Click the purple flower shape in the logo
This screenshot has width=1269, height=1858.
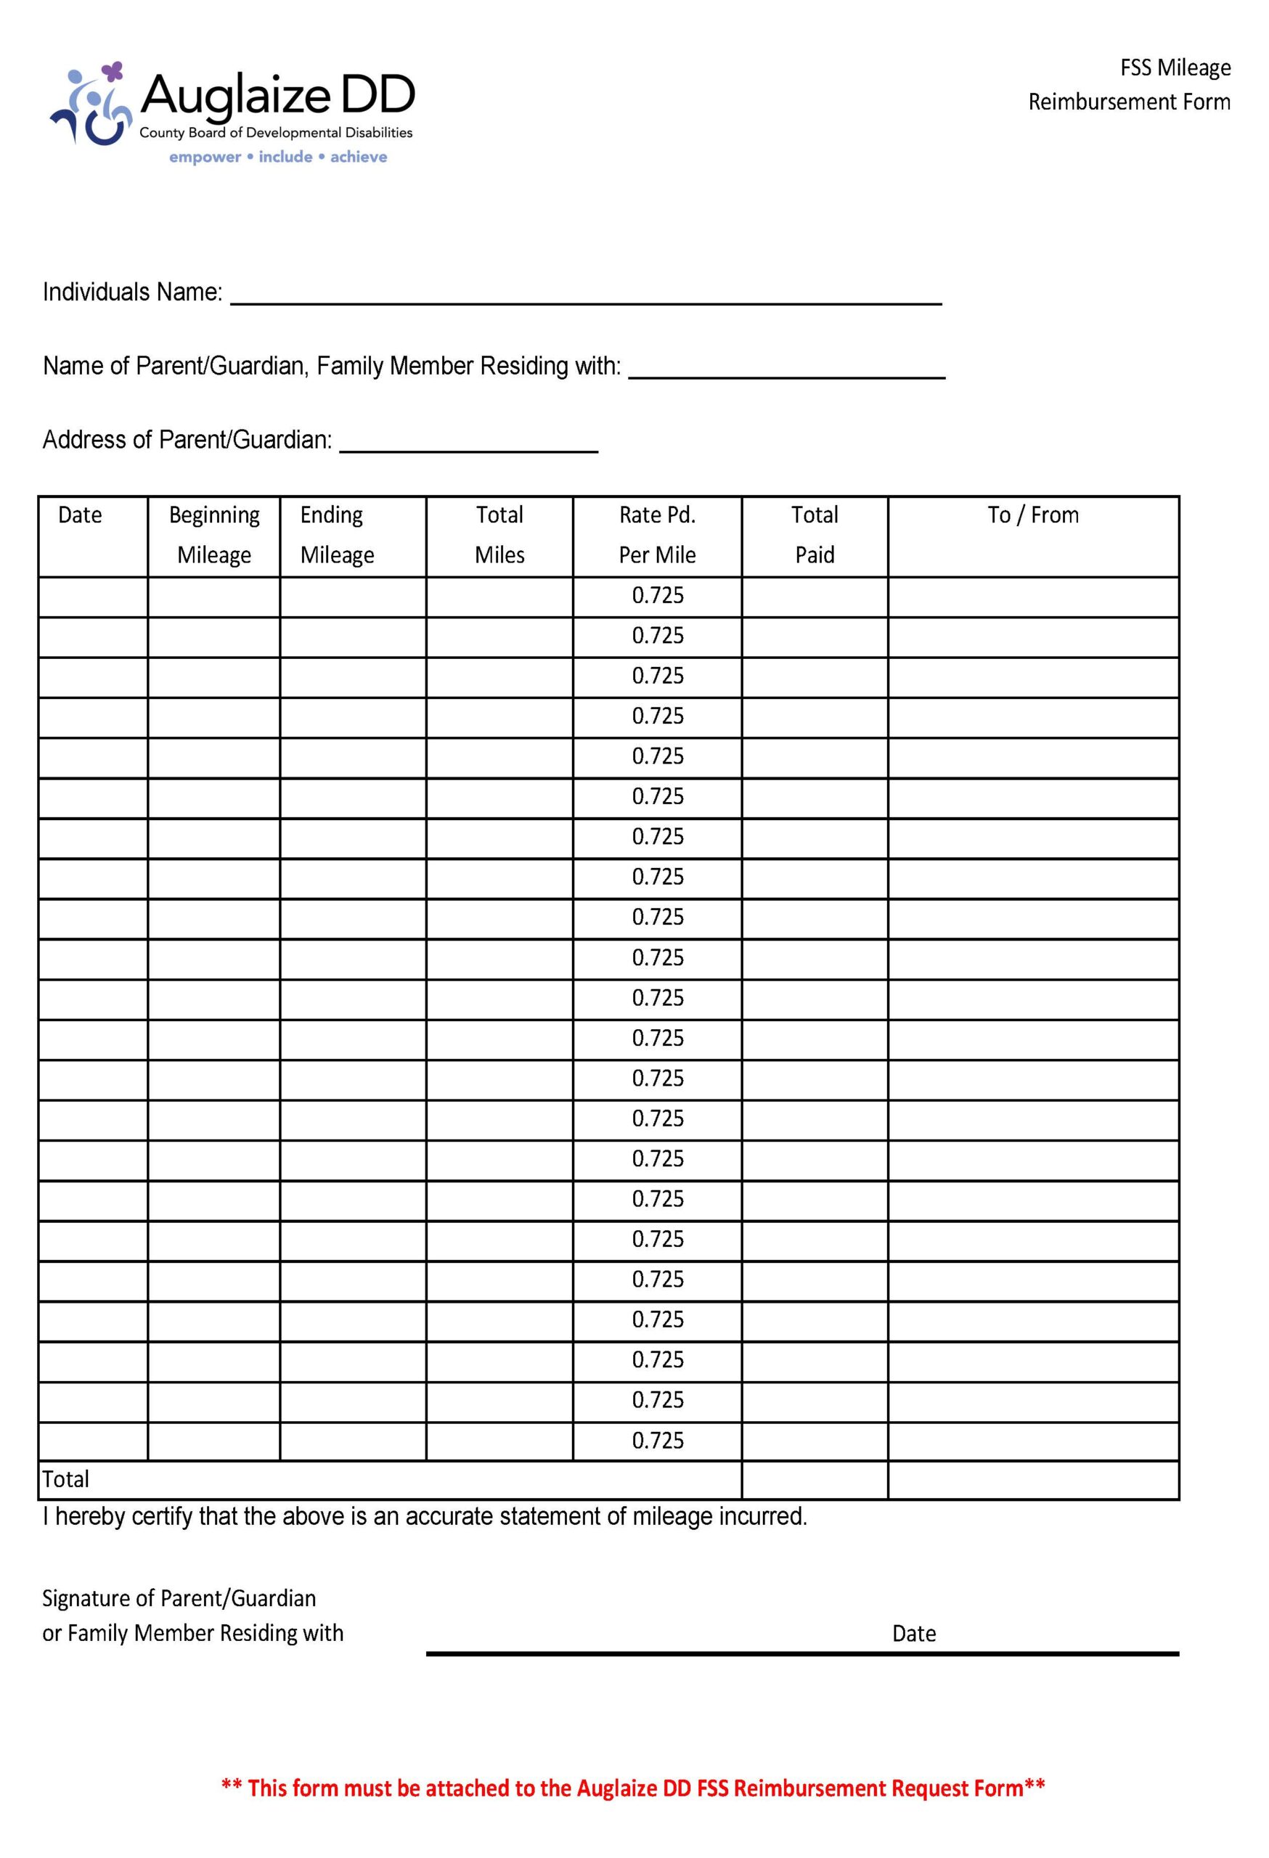pyautogui.click(x=113, y=73)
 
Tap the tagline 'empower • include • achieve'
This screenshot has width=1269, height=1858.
pyautogui.click(x=277, y=157)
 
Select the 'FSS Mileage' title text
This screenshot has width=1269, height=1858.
pyautogui.click(x=1174, y=68)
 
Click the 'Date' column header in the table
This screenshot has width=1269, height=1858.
pyautogui.click(x=80, y=515)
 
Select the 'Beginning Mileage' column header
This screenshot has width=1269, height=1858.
pyautogui.click(x=213, y=534)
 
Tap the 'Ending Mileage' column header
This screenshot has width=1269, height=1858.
pyautogui.click(x=337, y=534)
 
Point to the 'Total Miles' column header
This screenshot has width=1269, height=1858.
pyautogui.click(x=499, y=534)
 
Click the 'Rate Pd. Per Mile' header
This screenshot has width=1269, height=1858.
pyautogui.click(x=656, y=534)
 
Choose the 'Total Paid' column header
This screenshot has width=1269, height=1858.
pyautogui.click(x=814, y=534)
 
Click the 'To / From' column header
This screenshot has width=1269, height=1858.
pyautogui.click(x=1032, y=515)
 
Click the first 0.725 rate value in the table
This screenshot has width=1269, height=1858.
pyautogui.click(x=657, y=596)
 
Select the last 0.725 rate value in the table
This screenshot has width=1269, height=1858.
pyautogui.click(x=657, y=1440)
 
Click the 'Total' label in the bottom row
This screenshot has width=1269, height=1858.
pyautogui.click(x=65, y=1479)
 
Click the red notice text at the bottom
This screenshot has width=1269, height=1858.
pyautogui.click(x=632, y=1788)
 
